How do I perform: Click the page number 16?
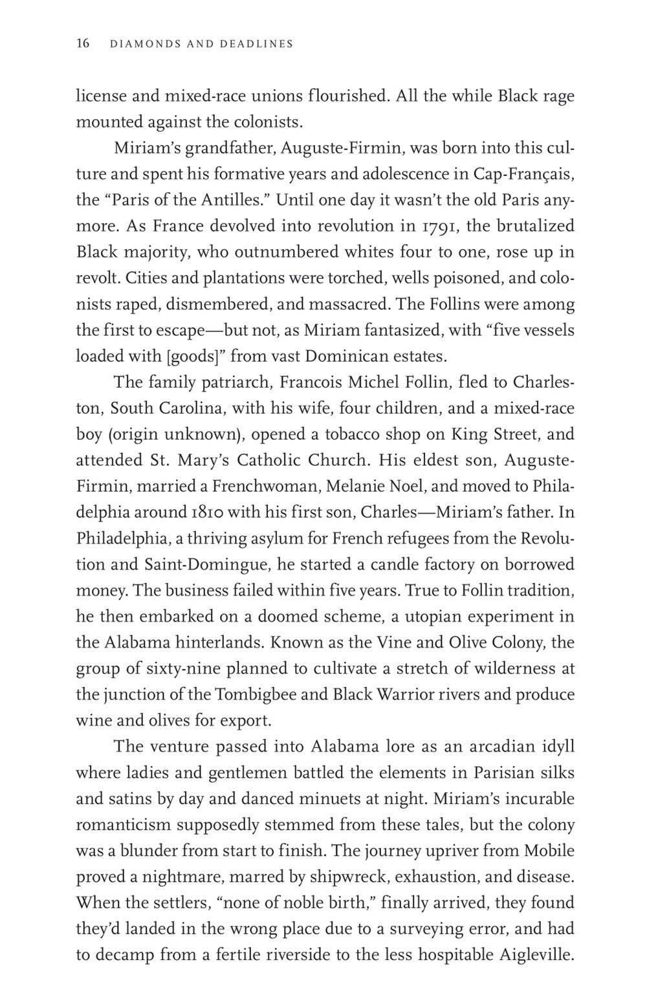tap(83, 44)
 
